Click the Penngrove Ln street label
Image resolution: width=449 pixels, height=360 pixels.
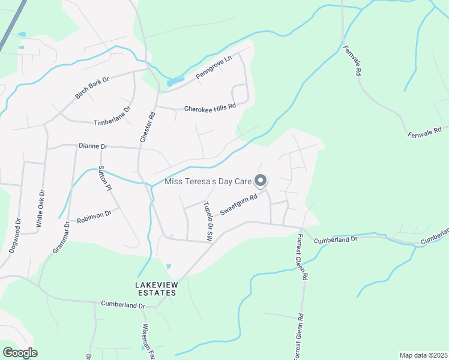pyautogui.click(x=214, y=68)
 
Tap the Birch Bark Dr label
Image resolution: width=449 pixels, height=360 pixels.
pyautogui.click(x=92, y=88)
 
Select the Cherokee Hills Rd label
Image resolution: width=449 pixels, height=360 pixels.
pyautogui.click(x=210, y=107)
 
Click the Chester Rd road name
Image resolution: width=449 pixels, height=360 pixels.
pyautogui.click(x=148, y=127)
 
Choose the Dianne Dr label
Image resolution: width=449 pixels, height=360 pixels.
pyautogui.click(x=93, y=146)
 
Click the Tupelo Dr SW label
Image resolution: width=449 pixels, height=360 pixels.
pyautogui.click(x=208, y=222)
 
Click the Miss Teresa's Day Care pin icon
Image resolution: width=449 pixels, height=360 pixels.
pyautogui.click(x=261, y=180)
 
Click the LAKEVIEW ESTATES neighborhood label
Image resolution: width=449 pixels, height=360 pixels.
pyautogui.click(x=155, y=288)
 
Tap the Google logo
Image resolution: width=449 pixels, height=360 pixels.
pyautogui.click(x=20, y=353)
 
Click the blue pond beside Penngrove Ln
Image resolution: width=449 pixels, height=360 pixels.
pyautogui.click(x=175, y=81)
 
